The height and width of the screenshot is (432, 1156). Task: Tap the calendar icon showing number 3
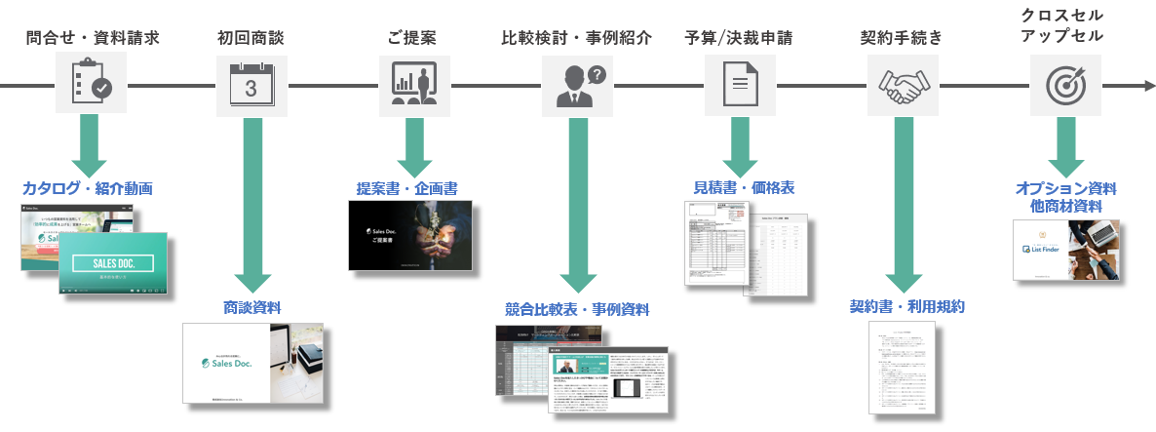click(251, 85)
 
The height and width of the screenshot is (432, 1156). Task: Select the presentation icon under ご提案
click(412, 85)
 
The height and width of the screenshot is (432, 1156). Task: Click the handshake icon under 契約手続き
click(901, 85)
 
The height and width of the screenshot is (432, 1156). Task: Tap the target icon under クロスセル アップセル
click(1062, 85)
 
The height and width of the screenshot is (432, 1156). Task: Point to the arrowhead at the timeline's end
click(1147, 86)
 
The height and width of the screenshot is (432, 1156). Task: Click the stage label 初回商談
click(251, 39)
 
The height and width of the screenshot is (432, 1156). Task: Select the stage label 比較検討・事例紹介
click(577, 39)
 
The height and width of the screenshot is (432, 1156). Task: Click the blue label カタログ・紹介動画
click(88, 187)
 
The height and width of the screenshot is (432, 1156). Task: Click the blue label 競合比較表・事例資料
click(577, 309)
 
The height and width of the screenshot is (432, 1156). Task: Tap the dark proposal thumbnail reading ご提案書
click(410, 235)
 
